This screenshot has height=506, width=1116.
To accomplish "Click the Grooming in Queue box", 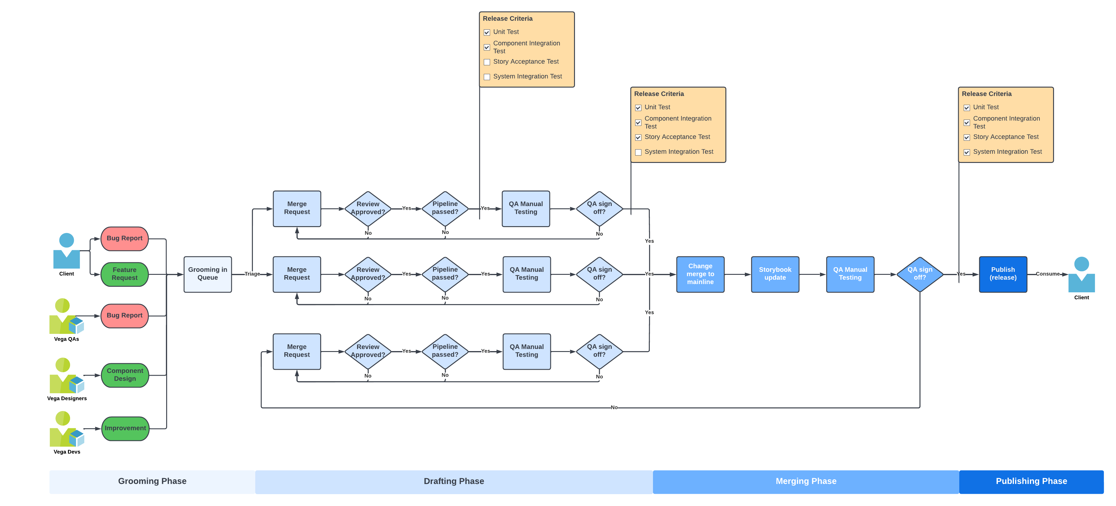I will [207, 274].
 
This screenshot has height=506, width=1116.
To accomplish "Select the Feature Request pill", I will [124, 274].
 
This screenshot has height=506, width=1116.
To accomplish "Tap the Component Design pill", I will [125, 375].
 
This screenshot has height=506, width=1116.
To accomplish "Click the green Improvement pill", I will [125, 428].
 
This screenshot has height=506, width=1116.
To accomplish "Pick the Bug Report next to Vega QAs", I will [124, 315].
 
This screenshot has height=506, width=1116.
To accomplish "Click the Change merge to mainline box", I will [700, 274].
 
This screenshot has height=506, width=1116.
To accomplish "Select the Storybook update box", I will [775, 274].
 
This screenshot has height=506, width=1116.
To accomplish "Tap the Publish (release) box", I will [1003, 274].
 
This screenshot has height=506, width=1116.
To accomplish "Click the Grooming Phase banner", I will [152, 481].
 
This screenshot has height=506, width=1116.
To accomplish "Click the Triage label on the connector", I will [252, 274].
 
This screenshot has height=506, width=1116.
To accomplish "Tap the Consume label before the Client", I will [1047, 274].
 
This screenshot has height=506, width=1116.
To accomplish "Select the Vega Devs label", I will [67, 452].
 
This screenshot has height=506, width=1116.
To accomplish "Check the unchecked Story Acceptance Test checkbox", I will [487, 62].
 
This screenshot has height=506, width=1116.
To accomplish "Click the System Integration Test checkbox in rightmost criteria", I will [966, 152].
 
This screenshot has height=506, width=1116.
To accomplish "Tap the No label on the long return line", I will [614, 407].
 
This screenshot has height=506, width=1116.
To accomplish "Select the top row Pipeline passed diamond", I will [445, 208].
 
